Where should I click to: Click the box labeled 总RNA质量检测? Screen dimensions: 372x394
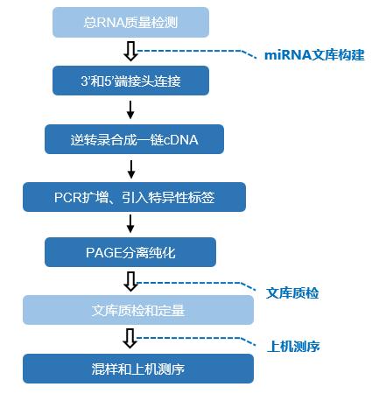click(130, 23)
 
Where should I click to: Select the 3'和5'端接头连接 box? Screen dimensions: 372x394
click(130, 81)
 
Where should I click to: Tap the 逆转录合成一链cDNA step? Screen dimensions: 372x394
click(134, 139)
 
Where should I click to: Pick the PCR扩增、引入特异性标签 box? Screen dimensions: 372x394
click(134, 197)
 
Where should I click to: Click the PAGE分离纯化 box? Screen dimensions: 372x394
click(130, 252)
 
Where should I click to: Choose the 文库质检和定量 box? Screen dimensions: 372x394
click(138, 310)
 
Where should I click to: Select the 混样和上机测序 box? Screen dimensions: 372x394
click(138, 369)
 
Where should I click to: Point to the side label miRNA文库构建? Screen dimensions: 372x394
click(314, 55)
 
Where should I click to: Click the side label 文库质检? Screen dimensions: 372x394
click(292, 293)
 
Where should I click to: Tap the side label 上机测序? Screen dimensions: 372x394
click(293, 347)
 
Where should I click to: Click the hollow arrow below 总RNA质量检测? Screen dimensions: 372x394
click(130, 52)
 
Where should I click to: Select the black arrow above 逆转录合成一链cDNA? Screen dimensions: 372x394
click(130, 110)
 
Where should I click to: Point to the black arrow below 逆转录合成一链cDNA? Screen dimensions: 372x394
click(131, 169)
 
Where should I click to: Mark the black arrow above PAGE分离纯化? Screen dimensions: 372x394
click(130, 224)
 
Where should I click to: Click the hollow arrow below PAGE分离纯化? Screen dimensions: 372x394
click(130, 282)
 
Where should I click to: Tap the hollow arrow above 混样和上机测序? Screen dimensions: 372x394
click(130, 339)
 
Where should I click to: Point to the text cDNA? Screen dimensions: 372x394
click(181, 140)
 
